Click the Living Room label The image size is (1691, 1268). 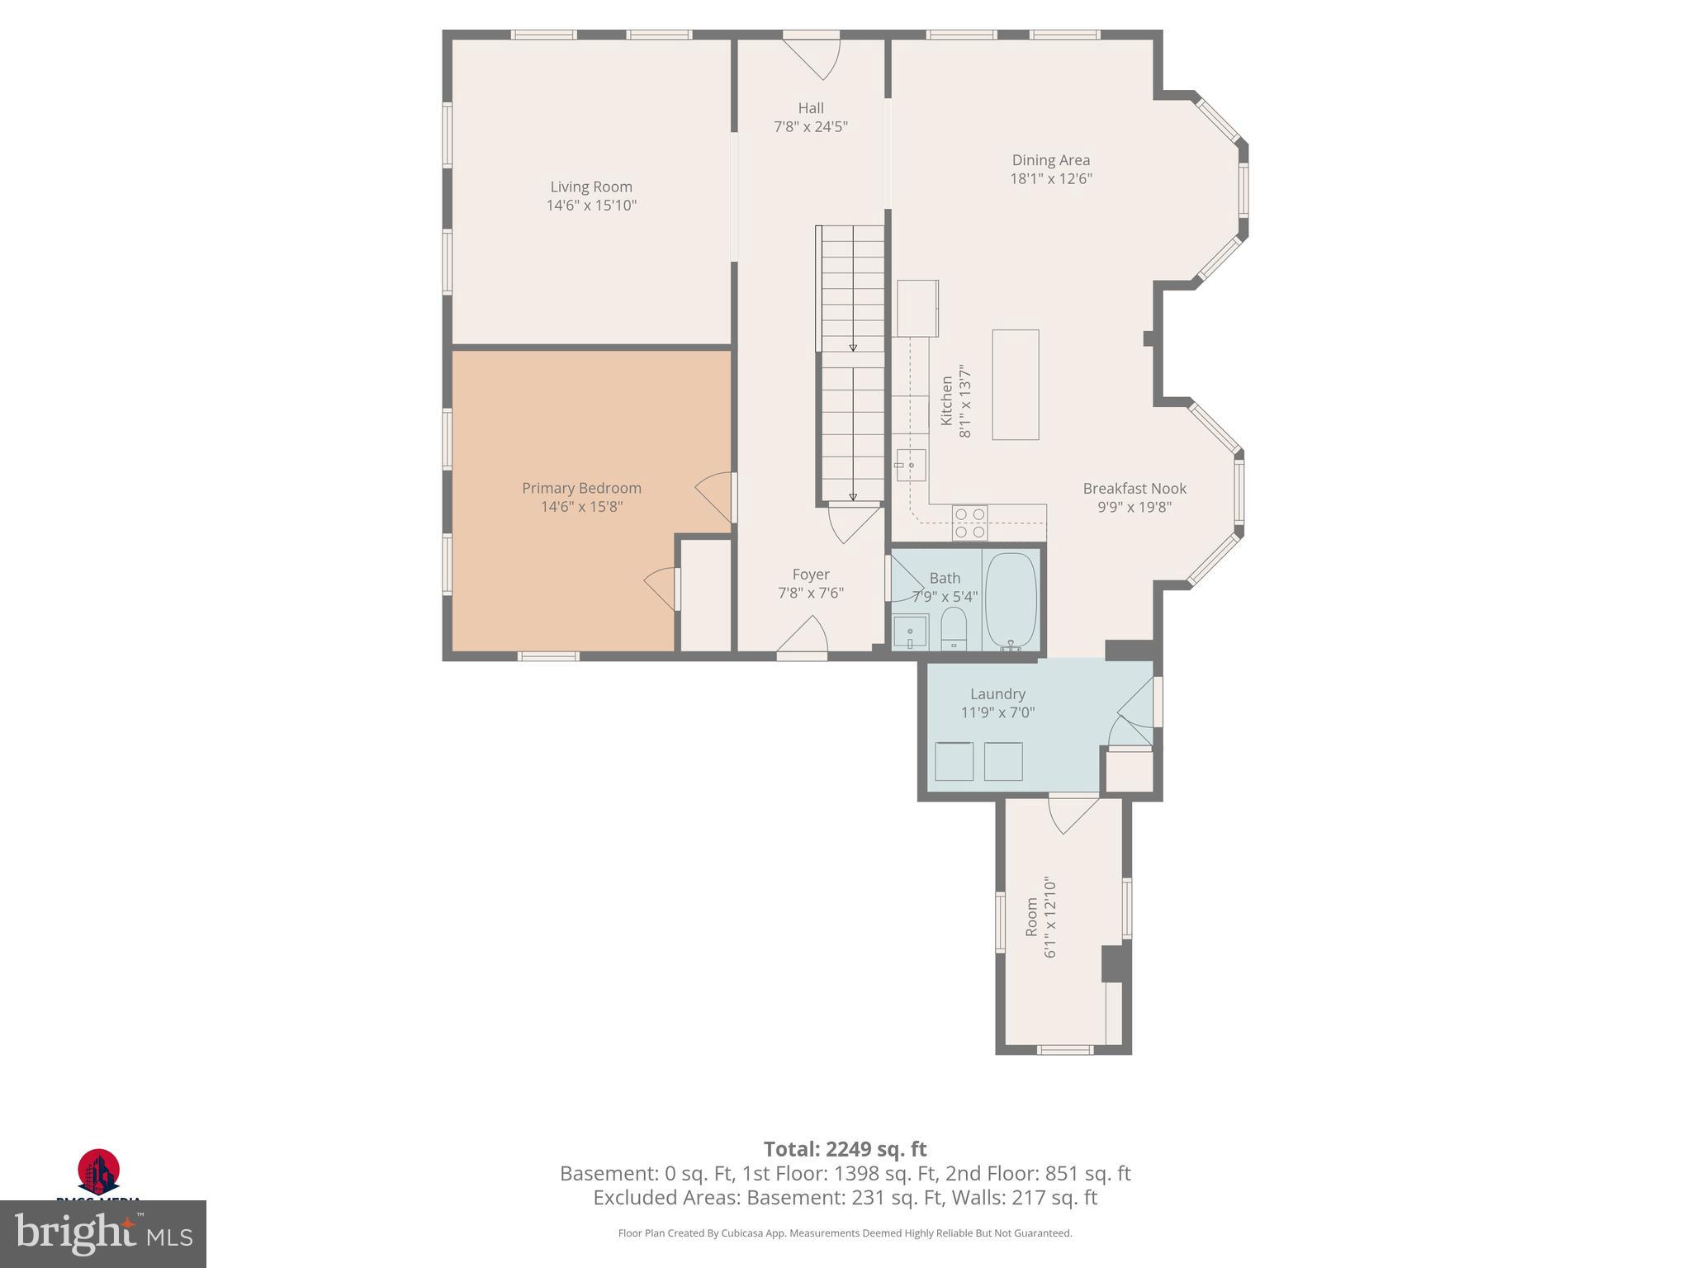click(591, 187)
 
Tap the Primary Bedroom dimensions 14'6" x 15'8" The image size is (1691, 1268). click(581, 507)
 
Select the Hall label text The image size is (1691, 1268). click(811, 108)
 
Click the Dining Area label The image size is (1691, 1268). click(1051, 160)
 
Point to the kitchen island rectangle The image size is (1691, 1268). click(1015, 385)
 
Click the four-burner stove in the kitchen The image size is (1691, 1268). click(969, 523)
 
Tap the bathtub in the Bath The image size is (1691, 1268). click(1011, 600)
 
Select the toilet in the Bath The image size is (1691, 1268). click(954, 630)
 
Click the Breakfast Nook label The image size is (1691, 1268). click(1134, 489)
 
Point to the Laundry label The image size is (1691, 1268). click(997, 694)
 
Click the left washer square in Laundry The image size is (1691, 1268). click(954, 761)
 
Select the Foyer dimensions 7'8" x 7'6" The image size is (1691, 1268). click(811, 593)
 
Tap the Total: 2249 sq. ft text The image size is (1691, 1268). click(845, 1149)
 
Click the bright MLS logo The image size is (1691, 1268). click(102, 1233)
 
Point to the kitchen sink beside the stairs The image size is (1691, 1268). click(912, 466)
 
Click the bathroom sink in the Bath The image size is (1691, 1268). click(910, 633)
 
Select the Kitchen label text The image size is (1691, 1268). click(947, 401)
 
